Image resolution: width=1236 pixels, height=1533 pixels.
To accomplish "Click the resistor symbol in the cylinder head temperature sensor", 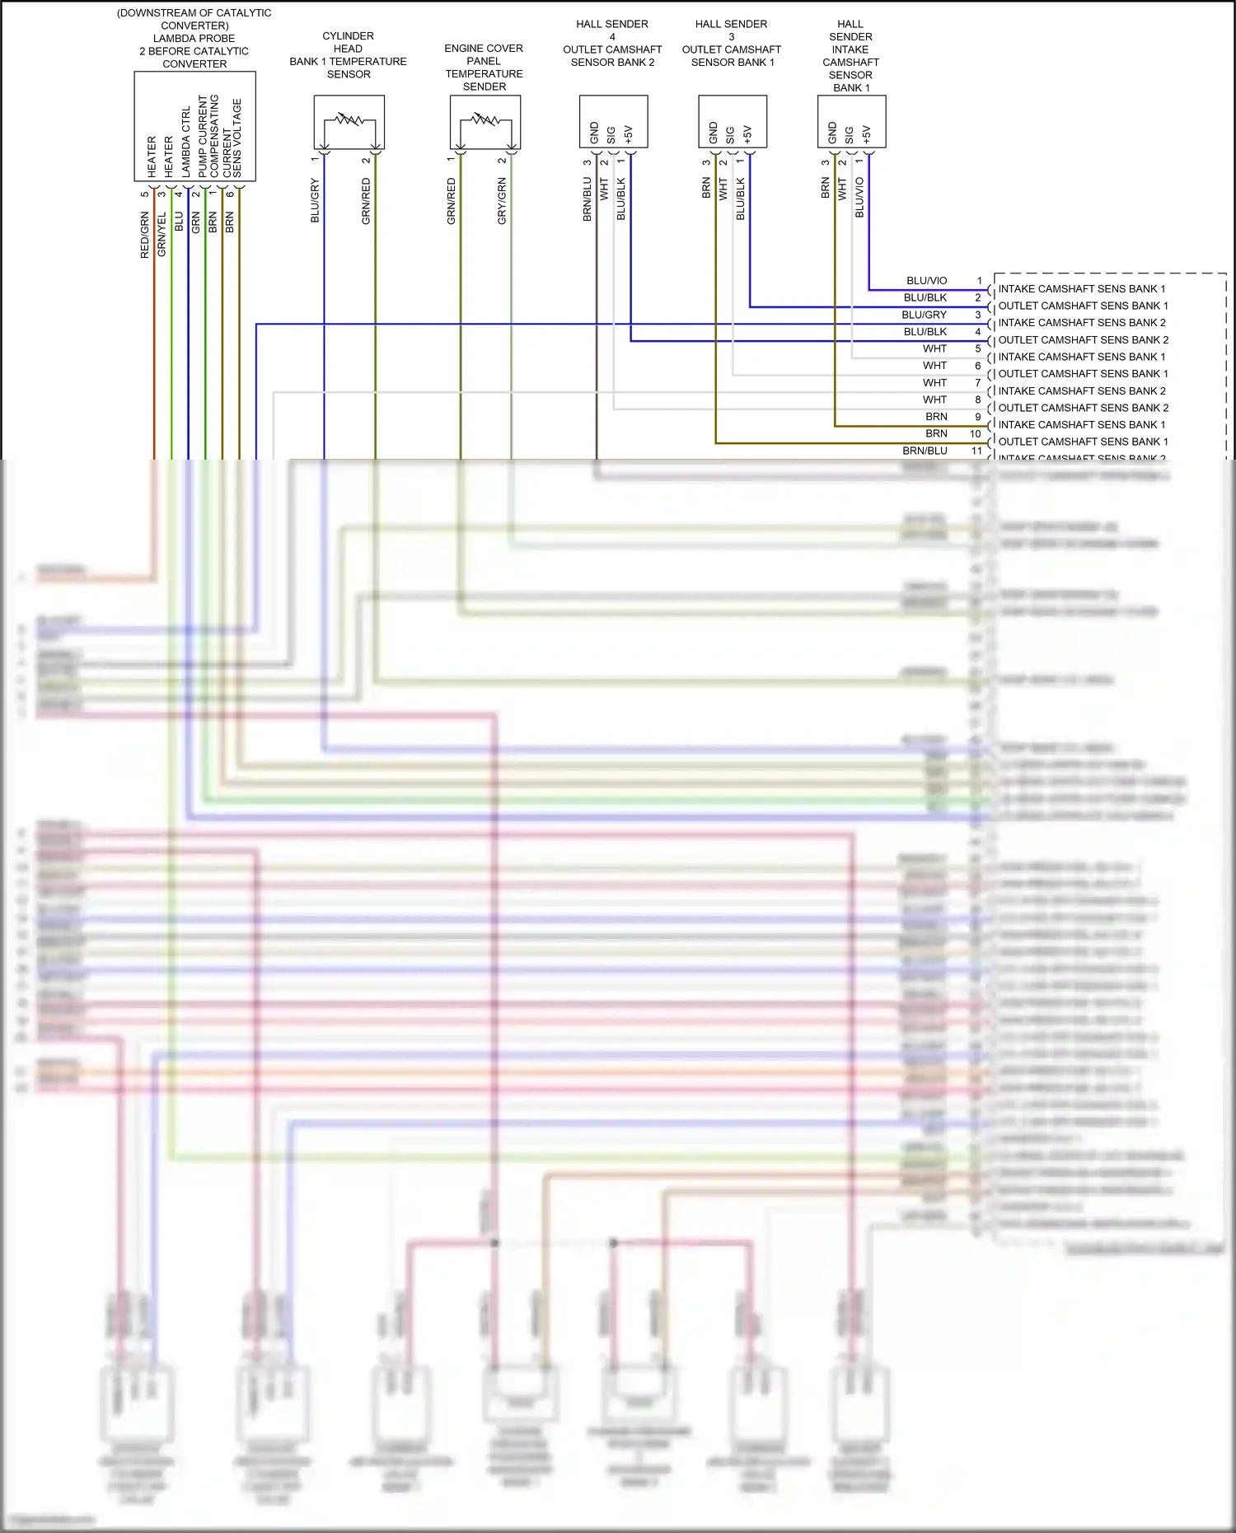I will [349, 120].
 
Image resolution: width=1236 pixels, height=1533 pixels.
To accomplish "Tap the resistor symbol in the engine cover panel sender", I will [485, 120].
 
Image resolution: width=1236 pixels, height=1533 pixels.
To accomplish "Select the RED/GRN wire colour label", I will [145, 236].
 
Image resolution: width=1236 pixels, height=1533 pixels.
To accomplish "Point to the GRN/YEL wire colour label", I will [162, 234].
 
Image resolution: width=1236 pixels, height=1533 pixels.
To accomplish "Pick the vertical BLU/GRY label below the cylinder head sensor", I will [315, 200].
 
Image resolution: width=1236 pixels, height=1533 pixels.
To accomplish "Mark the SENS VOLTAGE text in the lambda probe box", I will [237, 138].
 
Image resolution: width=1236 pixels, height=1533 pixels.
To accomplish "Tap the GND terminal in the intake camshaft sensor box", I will [832, 133].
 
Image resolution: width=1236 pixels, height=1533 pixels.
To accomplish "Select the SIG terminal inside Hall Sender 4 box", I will [611, 135].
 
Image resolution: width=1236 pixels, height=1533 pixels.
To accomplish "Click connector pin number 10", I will [976, 434].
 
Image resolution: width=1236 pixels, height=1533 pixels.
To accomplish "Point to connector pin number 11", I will [976, 451].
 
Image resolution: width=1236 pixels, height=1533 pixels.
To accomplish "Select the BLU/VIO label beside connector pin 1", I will [927, 281].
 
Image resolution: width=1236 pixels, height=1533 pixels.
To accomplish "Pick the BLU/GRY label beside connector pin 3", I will [925, 315].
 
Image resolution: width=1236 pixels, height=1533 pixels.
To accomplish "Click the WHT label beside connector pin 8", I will [934, 400].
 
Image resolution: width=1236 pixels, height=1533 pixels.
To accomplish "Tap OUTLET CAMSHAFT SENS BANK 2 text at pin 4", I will [1083, 340].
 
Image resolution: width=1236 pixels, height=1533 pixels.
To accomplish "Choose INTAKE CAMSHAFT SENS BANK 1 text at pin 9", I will [1081, 425].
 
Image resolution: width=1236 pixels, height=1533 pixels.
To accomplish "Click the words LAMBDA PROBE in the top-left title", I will [194, 39].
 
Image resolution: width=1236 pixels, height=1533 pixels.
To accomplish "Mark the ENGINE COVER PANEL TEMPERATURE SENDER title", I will [484, 68].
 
